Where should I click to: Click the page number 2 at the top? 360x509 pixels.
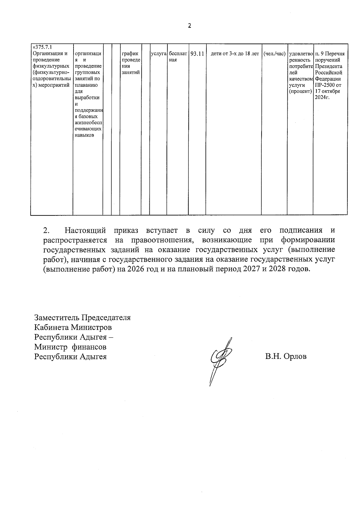189,26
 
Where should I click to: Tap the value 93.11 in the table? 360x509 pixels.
197,54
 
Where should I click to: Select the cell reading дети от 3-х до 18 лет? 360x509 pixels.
235,54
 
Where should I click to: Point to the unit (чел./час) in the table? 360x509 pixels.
274,54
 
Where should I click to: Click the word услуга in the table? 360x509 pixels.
158,54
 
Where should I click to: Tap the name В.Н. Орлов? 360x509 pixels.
286,357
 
